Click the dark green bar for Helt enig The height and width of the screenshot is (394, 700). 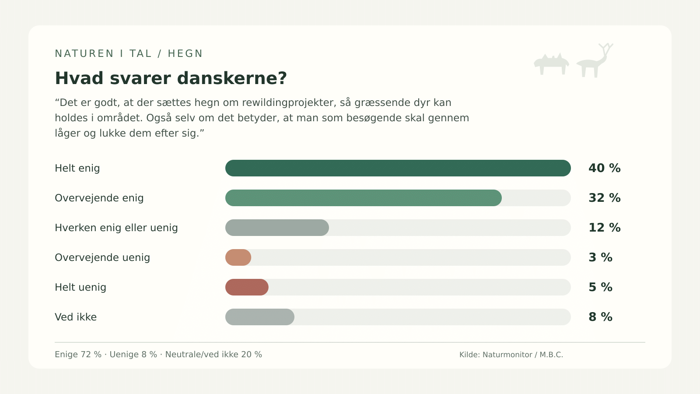[398, 168]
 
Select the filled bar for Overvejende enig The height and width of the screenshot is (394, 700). [364, 198]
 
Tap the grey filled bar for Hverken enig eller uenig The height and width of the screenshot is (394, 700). [277, 228]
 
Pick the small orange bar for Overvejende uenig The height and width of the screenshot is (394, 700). [238, 257]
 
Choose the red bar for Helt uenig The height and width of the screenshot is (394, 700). [247, 287]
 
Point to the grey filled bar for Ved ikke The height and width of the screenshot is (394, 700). [260, 317]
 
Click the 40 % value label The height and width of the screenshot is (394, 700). [604, 168]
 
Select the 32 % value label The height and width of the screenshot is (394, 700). [604, 198]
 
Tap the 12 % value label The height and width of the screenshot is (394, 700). [604, 228]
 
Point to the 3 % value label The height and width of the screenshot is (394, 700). [600, 257]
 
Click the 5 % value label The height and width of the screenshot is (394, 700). [600, 287]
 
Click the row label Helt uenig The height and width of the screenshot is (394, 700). [80, 287]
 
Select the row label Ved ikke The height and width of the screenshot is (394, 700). [76, 317]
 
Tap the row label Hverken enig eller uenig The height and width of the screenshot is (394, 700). [116, 228]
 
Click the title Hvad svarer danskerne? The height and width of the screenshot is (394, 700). [171, 78]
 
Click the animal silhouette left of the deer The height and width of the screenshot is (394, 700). [552, 64]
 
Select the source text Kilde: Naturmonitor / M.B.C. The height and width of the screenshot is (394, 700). [511, 355]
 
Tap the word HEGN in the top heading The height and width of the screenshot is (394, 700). [185, 54]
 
